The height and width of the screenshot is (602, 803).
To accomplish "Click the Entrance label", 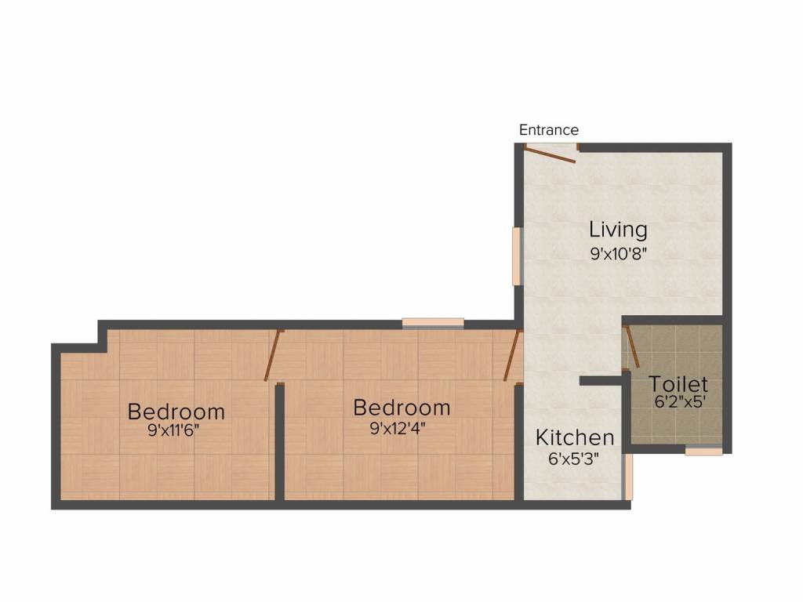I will (549, 130).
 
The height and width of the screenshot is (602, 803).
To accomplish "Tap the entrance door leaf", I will (550, 155).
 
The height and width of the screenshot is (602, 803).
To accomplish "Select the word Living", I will (618, 230).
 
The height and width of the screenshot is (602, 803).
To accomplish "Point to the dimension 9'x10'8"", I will (618, 253).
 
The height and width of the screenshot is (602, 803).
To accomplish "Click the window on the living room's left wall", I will (517, 256).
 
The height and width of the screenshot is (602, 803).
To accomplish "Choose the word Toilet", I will (678, 385).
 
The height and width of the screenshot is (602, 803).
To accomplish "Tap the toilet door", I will (631, 348).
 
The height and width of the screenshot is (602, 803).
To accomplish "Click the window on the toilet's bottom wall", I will (703, 451).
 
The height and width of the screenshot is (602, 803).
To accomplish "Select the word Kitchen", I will (575, 437).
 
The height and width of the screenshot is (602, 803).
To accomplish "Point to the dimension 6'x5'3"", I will (575, 459).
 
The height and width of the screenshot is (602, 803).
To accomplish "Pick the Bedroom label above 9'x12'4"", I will (401, 408).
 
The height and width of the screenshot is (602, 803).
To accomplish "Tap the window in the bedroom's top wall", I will (433, 322).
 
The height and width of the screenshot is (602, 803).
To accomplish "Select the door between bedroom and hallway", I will (512, 357).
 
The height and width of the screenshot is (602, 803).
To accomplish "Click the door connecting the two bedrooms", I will (272, 357).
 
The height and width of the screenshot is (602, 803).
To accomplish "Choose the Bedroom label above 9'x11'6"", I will (176, 411).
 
